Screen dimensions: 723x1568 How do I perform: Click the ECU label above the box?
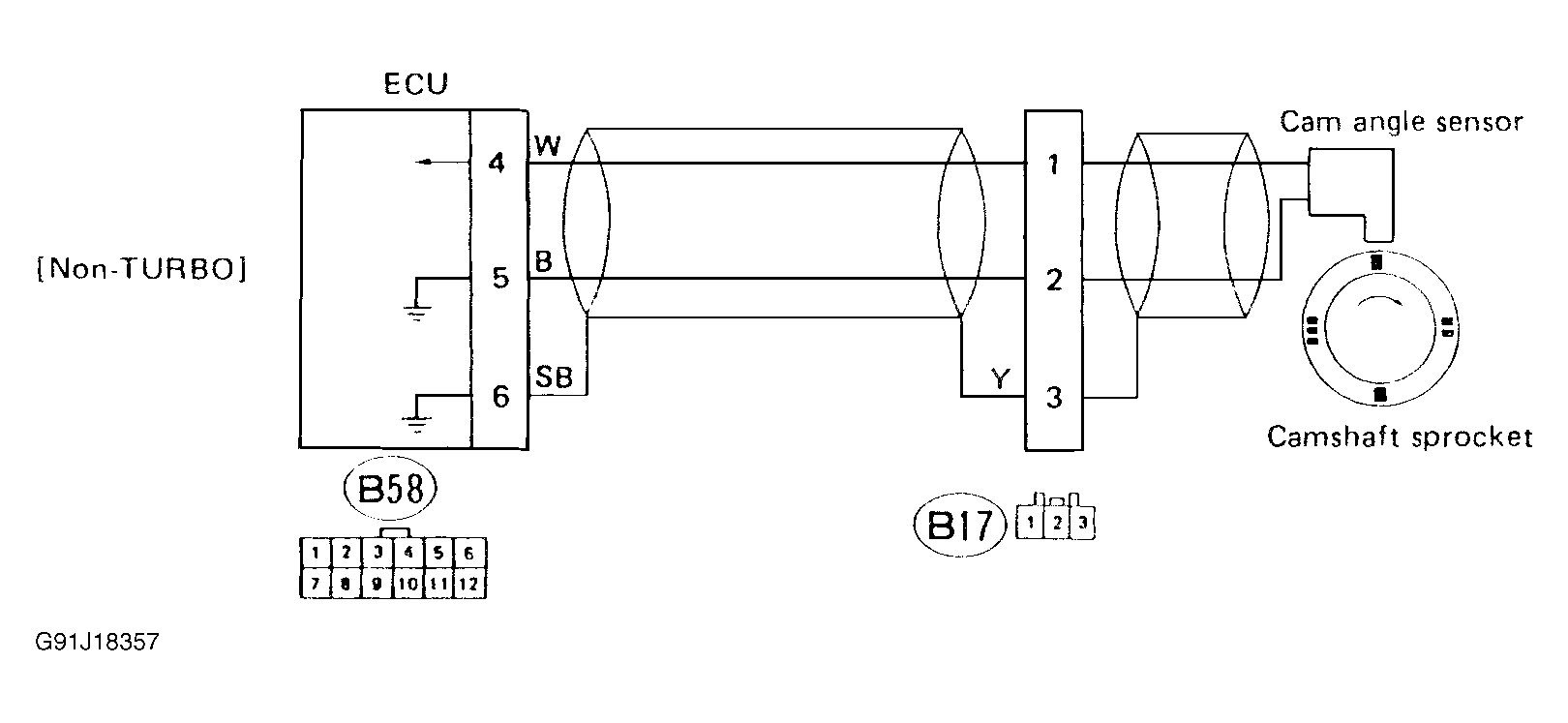[416, 84]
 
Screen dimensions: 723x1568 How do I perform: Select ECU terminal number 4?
[498, 163]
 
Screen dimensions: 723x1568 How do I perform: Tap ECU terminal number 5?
[499, 279]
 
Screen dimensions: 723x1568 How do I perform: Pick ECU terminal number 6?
[500, 396]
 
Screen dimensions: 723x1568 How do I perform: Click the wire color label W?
[548, 146]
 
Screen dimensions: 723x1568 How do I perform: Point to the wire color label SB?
[554, 377]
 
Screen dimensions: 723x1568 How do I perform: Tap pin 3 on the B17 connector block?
[1055, 397]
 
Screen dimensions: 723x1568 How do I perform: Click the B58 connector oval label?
[391, 490]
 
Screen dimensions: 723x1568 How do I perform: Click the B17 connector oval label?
[961, 527]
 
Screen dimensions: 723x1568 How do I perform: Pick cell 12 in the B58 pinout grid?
[469, 584]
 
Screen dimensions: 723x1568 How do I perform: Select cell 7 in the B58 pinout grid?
[316, 584]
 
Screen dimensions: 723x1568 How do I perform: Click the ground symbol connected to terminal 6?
[416, 423]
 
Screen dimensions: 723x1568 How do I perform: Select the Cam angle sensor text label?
[1401, 122]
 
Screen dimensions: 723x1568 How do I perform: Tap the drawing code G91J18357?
[96, 643]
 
